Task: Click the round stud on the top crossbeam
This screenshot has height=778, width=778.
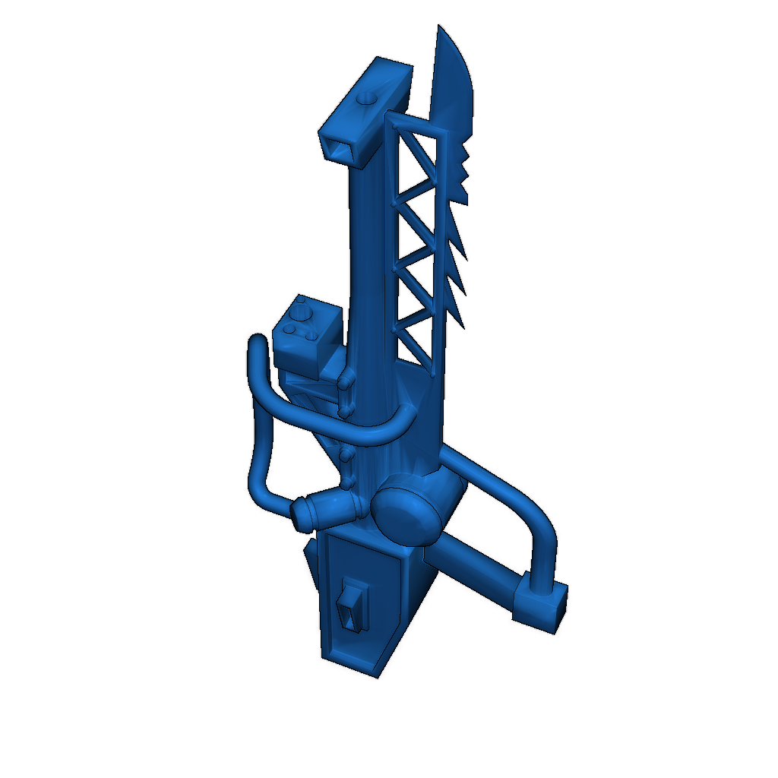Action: [x=367, y=98]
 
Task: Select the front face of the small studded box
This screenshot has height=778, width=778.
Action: [x=296, y=357]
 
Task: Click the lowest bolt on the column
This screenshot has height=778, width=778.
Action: [x=349, y=483]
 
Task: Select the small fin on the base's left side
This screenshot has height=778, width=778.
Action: [x=311, y=562]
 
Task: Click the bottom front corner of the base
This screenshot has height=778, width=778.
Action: [x=376, y=675]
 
